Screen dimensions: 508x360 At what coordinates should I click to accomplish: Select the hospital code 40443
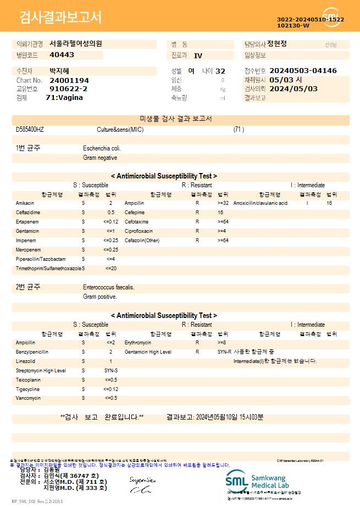point(62,55)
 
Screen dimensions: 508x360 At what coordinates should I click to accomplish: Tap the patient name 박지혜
point(60,71)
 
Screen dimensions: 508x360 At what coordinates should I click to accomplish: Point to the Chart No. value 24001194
point(69,80)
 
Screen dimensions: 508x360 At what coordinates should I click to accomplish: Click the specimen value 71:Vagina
point(64,97)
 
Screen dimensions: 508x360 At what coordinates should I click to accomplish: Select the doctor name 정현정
point(281,44)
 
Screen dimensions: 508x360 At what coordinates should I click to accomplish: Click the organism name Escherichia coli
point(102,148)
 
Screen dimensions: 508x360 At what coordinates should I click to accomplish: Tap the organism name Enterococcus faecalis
point(108,287)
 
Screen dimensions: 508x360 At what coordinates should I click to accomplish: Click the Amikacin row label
point(25,203)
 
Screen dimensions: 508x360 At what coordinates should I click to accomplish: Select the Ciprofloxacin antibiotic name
point(139,231)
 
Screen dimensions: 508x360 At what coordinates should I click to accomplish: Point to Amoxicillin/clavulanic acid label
point(260,203)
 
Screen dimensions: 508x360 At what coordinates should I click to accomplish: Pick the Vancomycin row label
point(26,398)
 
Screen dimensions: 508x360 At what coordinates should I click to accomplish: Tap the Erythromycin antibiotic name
point(137,342)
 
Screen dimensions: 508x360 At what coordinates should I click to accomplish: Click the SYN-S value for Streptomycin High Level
point(110,370)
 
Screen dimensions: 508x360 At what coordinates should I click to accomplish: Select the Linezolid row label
point(25,361)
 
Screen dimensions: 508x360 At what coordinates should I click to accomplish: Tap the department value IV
point(198,55)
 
